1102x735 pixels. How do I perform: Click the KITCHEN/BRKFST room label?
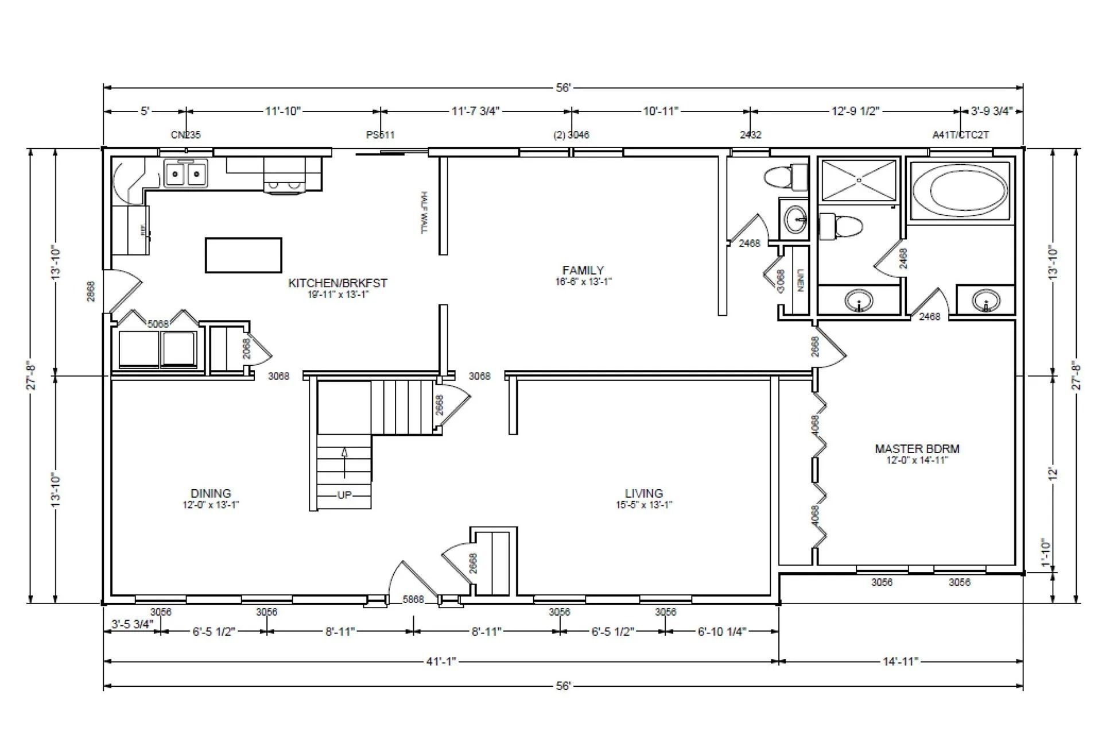(x=337, y=283)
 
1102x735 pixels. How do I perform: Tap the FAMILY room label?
(x=583, y=270)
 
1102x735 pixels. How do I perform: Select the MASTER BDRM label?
(x=917, y=449)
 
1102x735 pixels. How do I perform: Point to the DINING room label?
(x=211, y=493)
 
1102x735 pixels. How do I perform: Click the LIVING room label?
(x=643, y=493)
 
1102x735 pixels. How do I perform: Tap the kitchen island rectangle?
(x=243, y=255)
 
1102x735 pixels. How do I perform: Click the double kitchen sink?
(x=185, y=173)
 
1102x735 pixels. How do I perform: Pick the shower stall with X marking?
(x=859, y=180)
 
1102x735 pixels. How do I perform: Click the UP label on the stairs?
(x=344, y=495)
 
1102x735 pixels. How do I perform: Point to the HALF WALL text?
(x=425, y=212)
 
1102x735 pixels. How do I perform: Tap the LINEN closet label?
(x=800, y=280)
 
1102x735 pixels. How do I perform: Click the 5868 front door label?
(x=413, y=599)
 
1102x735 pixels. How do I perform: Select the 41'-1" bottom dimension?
(x=441, y=661)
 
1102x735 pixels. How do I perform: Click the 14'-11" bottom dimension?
(x=900, y=661)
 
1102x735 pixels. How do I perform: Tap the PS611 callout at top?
(x=381, y=136)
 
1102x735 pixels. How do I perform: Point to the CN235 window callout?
(x=186, y=136)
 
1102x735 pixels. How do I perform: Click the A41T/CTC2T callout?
(x=960, y=136)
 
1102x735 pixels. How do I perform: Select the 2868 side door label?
(x=91, y=291)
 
